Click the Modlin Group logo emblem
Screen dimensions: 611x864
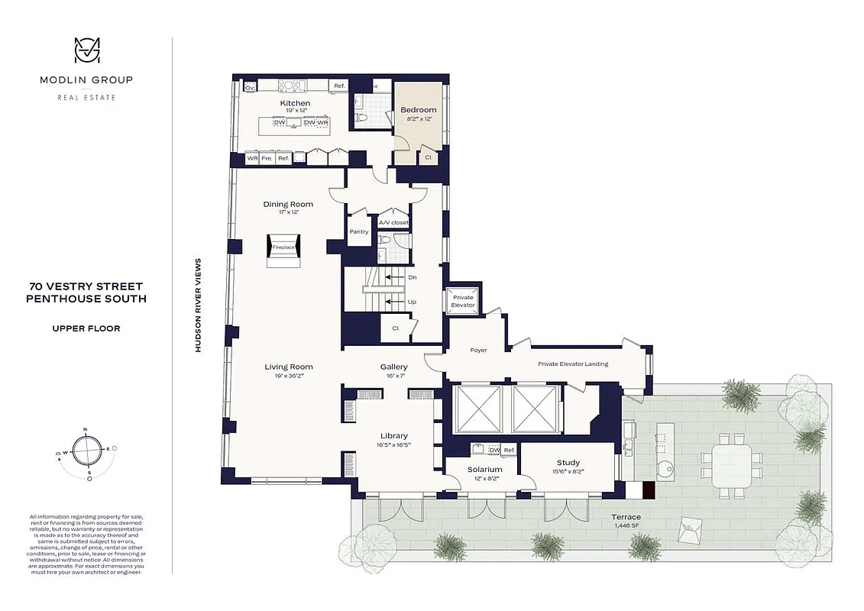click(86, 51)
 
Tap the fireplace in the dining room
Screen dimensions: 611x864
click(281, 247)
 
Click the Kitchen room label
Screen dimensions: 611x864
click(295, 103)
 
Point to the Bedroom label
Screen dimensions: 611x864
click(419, 110)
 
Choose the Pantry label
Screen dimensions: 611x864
click(358, 231)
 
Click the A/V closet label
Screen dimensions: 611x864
click(393, 223)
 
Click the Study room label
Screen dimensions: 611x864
click(568, 462)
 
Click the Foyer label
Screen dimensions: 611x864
click(478, 351)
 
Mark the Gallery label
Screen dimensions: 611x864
click(394, 367)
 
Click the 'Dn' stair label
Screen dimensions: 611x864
click(413, 277)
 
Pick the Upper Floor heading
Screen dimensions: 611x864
click(86, 328)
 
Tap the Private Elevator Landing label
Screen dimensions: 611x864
click(573, 364)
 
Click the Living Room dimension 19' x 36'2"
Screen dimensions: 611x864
click(289, 376)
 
